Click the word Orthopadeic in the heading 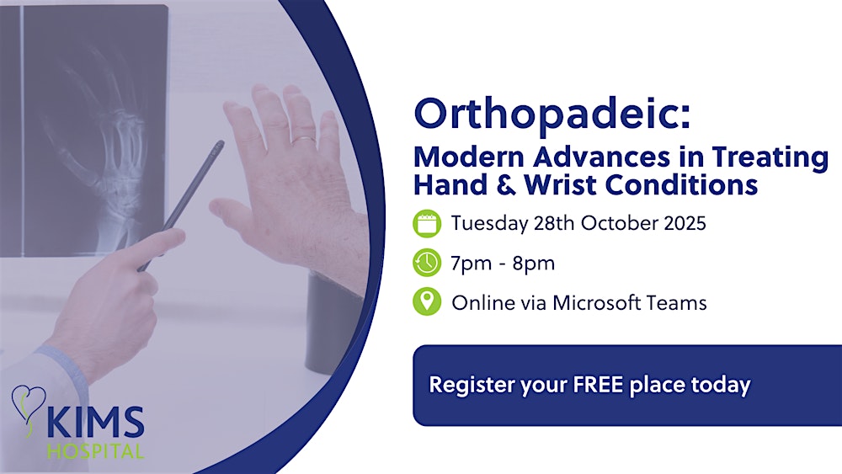(551, 114)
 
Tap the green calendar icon (427, 224)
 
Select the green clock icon (427, 263)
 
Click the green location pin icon (427, 302)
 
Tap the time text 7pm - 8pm (503, 263)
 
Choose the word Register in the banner (467, 385)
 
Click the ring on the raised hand (303, 139)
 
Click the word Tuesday (486, 224)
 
